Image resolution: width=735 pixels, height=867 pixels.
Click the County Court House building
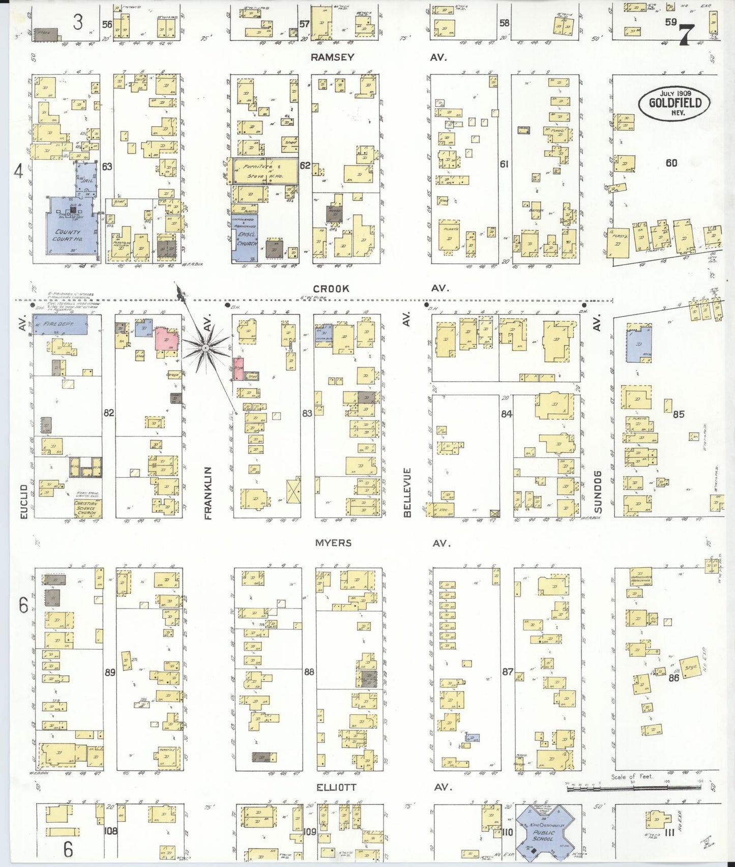pyautogui.click(x=69, y=232)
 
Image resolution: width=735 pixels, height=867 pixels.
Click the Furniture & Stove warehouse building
pyautogui.click(x=264, y=170)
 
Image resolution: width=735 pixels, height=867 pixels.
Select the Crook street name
pyautogui.click(x=331, y=288)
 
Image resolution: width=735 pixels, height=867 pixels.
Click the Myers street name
pyautogui.click(x=333, y=543)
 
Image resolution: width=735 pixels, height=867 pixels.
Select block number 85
pyautogui.click(x=679, y=414)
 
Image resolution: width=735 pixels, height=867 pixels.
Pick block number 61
pyautogui.click(x=504, y=164)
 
